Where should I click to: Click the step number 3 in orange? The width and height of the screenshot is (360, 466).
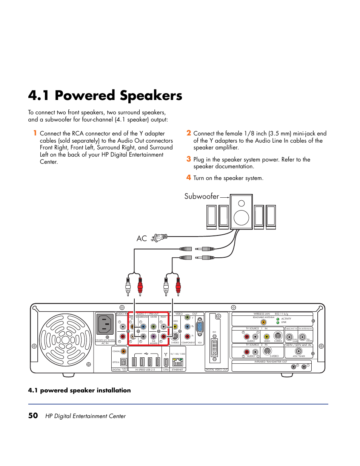(x=189, y=159)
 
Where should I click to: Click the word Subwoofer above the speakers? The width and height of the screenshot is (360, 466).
(x=202, y=196)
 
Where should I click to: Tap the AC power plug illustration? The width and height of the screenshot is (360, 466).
(x=159, y=238)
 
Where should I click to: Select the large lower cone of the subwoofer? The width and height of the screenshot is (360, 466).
(x=241, y=218)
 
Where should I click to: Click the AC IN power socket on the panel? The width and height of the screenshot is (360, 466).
(x=105, y=324)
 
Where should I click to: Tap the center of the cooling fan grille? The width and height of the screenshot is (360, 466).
(x=65, y=339)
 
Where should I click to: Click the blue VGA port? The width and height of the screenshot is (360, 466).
(x=200, y=327)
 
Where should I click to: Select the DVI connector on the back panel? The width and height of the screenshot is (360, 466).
(x=214, y=348)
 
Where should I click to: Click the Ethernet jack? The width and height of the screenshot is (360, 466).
(x=177, y=362)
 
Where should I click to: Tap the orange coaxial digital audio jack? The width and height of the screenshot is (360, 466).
(x=123, y=351)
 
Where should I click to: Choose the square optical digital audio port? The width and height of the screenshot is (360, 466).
(x=123, y=362)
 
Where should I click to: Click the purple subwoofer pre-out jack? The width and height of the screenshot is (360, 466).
(x=153, y=336)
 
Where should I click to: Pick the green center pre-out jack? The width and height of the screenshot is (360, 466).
(x=153, y=326)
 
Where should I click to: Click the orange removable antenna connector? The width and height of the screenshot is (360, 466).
(x=263, y=322)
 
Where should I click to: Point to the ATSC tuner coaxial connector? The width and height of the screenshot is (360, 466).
(x=298, y=351)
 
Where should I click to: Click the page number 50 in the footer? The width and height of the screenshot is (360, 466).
(x=33, y=415)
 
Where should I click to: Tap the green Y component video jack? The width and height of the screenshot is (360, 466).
(x=187, y=317)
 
